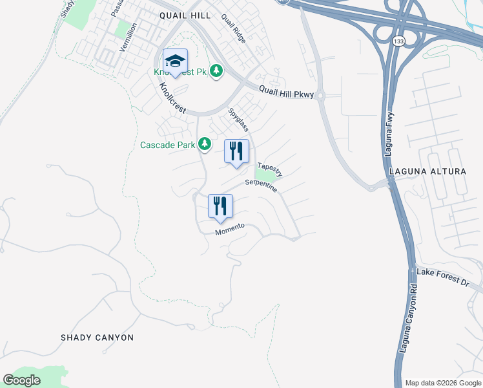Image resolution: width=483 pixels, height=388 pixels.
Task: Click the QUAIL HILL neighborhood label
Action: click(185, 15)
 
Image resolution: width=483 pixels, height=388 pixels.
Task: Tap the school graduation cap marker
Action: click(175, 62)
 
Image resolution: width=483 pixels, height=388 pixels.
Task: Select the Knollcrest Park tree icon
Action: click(217, 70)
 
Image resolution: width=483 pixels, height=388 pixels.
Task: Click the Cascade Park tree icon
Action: click(205, 144)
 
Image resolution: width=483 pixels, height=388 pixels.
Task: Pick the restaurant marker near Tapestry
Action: click(236, 151)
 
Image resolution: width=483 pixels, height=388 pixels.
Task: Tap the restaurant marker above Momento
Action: click(220, 206)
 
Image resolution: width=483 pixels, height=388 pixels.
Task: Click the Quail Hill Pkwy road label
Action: click(286, 93)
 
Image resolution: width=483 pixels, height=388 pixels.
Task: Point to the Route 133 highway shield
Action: click(398, 41)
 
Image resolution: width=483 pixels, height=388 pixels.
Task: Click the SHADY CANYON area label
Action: click(97, 338)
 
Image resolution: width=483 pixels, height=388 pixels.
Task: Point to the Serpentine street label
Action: click(262, 186)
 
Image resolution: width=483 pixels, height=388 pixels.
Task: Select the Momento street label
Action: click(230, 228)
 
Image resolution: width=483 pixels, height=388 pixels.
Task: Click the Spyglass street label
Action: click(238, 119)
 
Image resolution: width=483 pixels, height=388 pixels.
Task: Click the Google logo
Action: click(22, 380)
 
